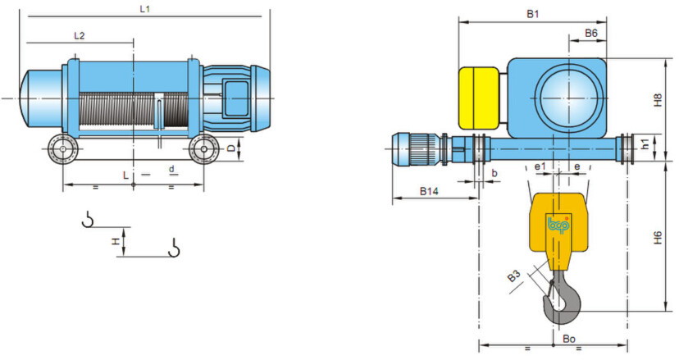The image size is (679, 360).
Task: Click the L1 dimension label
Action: coord(145,9)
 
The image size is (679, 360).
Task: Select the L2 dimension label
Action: coord(80,36)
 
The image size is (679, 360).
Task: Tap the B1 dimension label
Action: coord(533,14)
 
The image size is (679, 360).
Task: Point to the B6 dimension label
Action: coord(591,33)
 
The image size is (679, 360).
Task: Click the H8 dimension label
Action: coord(658,101)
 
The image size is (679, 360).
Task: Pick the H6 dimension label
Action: coord(658,238)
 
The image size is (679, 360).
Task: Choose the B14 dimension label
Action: coord(429,191)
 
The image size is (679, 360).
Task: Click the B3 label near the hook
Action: coord(514,276)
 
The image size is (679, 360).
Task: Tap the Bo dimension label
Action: coord(569,339)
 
